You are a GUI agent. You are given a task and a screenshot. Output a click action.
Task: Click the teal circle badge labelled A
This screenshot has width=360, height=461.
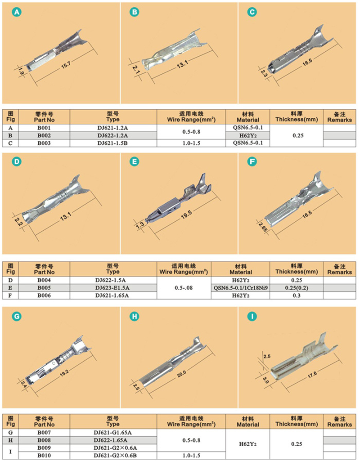pos(17,12)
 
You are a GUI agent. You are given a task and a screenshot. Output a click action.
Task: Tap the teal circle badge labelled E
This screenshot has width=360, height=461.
pos(135,162)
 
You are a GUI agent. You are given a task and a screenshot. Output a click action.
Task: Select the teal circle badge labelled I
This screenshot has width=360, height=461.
pos(252,316)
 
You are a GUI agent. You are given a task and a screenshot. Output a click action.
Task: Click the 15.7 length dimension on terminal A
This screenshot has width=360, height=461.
pos(66,65)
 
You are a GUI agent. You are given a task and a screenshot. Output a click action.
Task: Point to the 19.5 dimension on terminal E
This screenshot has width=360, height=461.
pos(186,215)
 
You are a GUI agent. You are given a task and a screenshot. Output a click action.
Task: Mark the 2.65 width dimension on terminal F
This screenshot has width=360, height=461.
pos(263,227)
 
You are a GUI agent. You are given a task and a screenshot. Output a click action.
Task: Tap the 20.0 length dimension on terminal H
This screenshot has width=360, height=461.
pos(181,374)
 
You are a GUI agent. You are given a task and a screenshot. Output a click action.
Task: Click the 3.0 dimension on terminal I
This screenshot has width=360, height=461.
pos(265,380)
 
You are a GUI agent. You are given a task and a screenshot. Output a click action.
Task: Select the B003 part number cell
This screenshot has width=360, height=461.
pos(44,143)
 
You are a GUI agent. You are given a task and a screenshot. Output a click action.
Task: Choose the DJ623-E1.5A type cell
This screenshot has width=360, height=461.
pos(112,288)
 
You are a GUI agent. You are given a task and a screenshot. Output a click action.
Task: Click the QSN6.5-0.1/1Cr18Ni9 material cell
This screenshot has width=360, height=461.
pos(241,288)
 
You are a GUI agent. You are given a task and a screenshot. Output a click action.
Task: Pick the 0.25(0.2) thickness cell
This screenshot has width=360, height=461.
pos(297,288)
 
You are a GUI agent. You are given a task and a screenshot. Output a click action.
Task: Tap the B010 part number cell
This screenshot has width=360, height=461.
pos(44,456)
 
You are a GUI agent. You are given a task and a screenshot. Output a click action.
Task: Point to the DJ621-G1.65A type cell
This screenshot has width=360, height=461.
pos(112,433)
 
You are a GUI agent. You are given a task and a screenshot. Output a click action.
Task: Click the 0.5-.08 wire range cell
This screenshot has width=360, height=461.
pos(184,288)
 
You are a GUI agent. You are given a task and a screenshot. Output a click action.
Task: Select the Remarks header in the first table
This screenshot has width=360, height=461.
pos(339,117)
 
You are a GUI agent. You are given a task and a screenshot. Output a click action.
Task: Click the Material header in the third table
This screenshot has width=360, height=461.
pos(247,421)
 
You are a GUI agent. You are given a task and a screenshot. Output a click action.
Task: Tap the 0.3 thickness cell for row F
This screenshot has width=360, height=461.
pos(297,295)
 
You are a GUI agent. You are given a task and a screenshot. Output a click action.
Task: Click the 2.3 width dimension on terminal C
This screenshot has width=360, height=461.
pos(264,73)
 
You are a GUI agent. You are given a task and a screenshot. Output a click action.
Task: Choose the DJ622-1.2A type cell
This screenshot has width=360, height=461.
pos(113,135)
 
